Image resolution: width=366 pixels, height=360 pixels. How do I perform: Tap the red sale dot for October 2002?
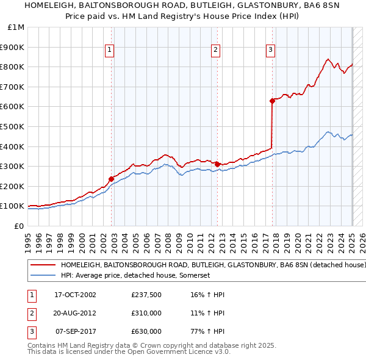(112, 179)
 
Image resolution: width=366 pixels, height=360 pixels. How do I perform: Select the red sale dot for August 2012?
(217, 164)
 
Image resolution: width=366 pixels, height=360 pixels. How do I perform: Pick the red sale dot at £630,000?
(272, 101)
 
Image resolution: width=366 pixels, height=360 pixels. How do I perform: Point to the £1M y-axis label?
(16, 27)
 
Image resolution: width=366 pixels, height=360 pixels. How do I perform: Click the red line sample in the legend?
(43, 265)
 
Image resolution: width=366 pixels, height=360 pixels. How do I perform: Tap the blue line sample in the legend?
(43, 276)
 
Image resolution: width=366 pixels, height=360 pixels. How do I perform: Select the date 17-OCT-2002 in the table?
(75, 295)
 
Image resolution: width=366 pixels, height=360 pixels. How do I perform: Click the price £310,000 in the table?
(146, 313)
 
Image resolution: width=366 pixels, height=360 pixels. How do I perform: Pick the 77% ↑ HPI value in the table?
(207, 331)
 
